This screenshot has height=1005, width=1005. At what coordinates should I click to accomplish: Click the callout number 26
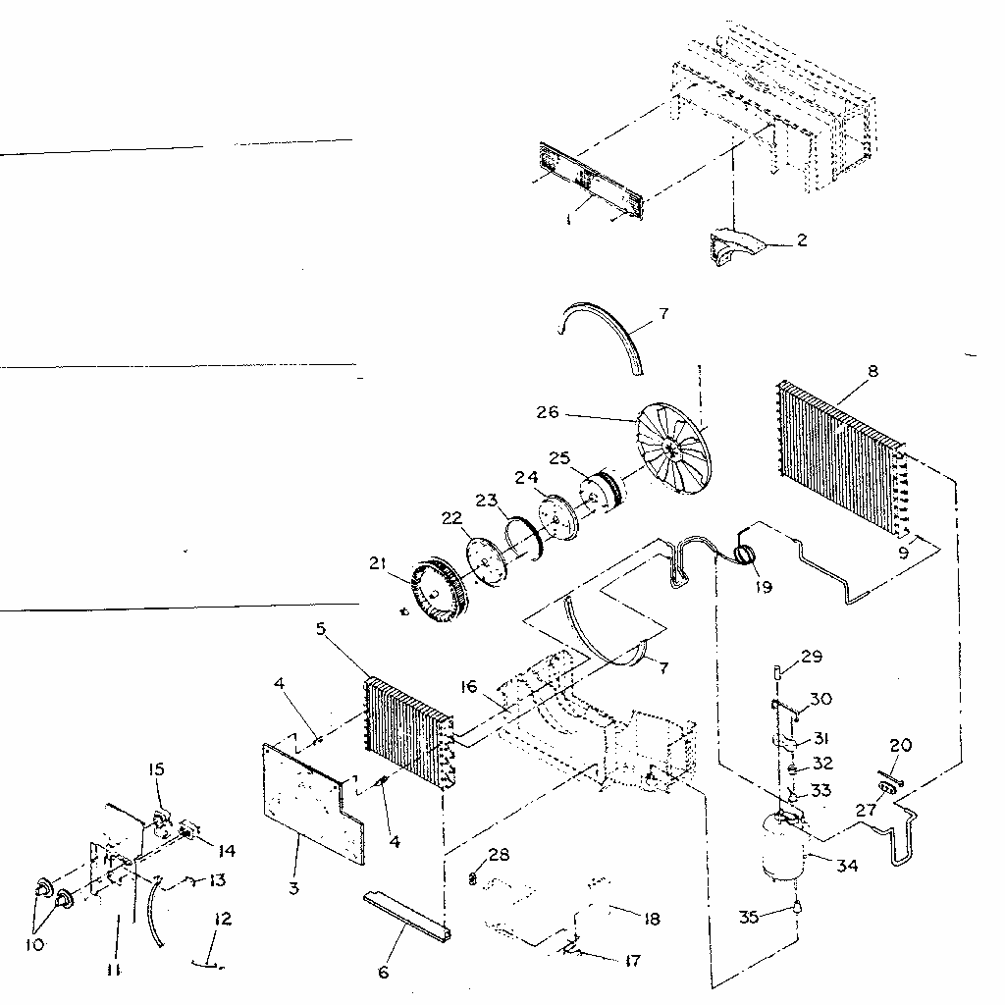point(548,412)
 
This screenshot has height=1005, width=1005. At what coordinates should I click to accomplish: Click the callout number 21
point(378,563)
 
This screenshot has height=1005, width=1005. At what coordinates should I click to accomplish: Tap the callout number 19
point(764,587)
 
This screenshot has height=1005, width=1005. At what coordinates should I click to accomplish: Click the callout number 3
point(293,888)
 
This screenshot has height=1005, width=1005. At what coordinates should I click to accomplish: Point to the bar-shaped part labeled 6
point(407,915)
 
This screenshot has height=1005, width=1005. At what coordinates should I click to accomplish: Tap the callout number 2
point(802,240)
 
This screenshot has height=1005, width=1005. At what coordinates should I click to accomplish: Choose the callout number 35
point(749,918)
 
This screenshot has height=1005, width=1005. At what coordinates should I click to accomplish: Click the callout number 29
point(812,657)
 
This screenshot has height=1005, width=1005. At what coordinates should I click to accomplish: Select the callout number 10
point(35,945)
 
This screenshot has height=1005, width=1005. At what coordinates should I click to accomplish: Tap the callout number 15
point(156,768)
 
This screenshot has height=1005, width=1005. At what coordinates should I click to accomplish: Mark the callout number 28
point(499,855)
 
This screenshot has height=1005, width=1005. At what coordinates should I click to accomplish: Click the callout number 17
point(632,960)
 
